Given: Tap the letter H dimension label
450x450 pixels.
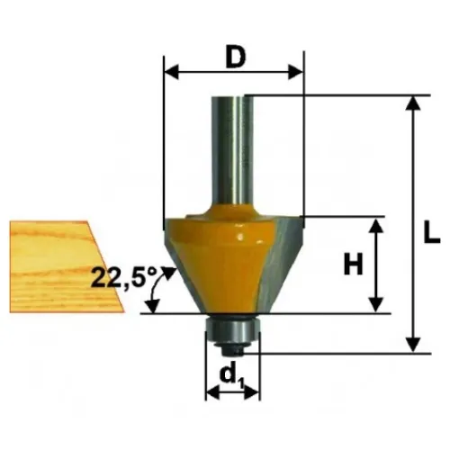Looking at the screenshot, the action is point(353,264).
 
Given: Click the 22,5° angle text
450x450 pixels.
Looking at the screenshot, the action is point(124,277).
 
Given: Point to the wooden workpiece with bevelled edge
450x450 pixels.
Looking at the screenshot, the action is point(67,266).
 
